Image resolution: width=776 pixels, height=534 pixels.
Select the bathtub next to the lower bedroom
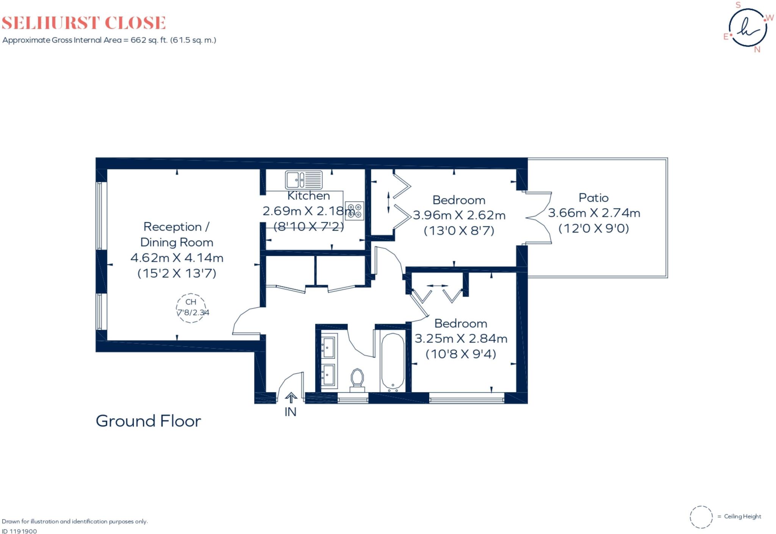tap(393, 362)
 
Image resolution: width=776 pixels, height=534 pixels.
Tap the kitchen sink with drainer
tap(304, 180)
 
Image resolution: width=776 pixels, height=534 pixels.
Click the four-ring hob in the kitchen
tap(355, 211)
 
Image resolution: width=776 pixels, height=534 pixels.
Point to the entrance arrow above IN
tap(291, 398)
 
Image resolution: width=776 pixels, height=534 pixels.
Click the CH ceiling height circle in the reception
tap(191, 308)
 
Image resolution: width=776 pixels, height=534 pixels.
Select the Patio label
tap(593, 198)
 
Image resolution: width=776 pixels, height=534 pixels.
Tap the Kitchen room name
tap(308, 196)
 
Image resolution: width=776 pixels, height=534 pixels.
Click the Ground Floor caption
tap(148, 421)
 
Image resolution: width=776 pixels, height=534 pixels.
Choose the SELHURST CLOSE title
tap(84, 23)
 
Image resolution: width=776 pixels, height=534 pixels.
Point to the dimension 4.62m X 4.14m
tap(177, 258)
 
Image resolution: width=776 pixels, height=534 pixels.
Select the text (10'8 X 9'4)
tap(461, 354)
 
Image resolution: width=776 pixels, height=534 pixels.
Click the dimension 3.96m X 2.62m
tap(459, 215)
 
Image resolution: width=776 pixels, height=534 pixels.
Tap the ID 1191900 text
tap(19, 531)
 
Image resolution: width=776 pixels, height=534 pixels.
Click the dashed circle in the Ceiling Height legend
tap(701, 517)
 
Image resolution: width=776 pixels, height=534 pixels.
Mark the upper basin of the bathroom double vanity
tap(328, 346)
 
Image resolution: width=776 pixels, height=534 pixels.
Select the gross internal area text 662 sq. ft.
tap(109, 40)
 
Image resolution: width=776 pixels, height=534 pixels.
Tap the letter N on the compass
tap(757, 50)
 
